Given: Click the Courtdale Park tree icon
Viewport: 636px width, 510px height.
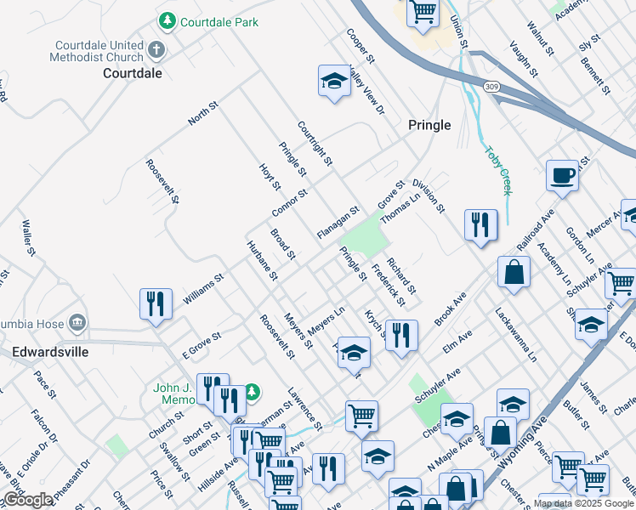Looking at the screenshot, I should [x=168, y=21].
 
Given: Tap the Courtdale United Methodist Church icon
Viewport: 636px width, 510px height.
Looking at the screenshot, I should [x=156, y=49].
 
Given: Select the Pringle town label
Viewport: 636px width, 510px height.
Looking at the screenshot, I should [x=429, y=124].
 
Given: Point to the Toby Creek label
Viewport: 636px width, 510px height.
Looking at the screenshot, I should [x=497, y=170].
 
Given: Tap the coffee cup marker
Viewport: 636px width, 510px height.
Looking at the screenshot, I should [x=562, y=175].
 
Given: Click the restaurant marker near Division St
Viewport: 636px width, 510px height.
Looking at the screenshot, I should [x=480, y=224].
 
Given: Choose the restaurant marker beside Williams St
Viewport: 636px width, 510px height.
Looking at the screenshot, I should [x=156, y=303].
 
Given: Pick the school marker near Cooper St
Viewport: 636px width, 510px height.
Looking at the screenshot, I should [x=335, y=82].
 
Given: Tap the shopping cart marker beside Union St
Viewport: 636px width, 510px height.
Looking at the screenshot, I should [x=423, y=12].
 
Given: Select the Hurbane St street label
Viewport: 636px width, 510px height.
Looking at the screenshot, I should [x=262, y=260].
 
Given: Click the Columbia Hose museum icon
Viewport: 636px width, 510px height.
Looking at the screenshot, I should [x=77, y=322].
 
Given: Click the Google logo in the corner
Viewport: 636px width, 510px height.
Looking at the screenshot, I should [x=27, y=500].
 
